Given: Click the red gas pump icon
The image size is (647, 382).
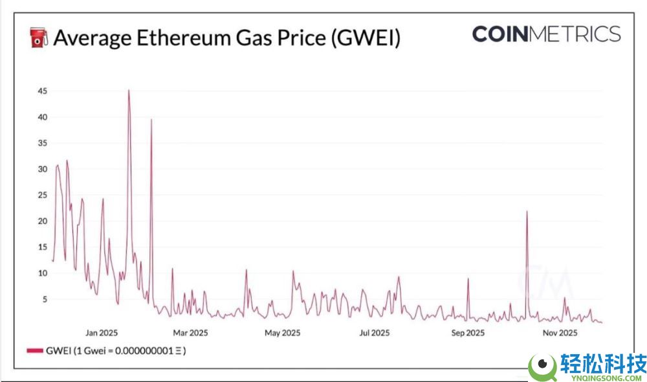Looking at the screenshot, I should point(39,38).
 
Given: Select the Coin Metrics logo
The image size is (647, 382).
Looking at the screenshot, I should point(546,34).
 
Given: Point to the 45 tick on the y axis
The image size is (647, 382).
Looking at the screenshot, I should point(42,91).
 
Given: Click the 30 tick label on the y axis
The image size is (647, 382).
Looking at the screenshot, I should point(42,169).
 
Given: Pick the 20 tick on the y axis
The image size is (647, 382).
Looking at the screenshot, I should point(42,221).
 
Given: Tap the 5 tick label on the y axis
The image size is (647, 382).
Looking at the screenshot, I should point(44,299).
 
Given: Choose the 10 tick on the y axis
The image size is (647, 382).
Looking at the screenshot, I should point(42,273).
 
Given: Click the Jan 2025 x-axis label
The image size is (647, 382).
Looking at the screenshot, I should point(101,333).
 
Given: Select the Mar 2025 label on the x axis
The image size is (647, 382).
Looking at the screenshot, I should point(190,333).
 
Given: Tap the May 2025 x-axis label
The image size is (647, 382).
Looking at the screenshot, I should point(281,333).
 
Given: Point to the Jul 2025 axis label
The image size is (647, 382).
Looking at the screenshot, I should point(374,333).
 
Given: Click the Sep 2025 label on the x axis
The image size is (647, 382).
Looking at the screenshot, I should point(467,333).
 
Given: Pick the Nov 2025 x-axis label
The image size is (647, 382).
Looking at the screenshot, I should point(560,333).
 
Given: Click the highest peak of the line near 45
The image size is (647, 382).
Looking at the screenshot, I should point(128,91).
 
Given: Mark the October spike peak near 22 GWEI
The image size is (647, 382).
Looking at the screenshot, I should point(527,212).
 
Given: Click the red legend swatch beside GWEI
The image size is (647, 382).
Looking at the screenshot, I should point(35,350).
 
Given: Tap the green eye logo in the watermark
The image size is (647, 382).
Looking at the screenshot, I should point(542,366).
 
